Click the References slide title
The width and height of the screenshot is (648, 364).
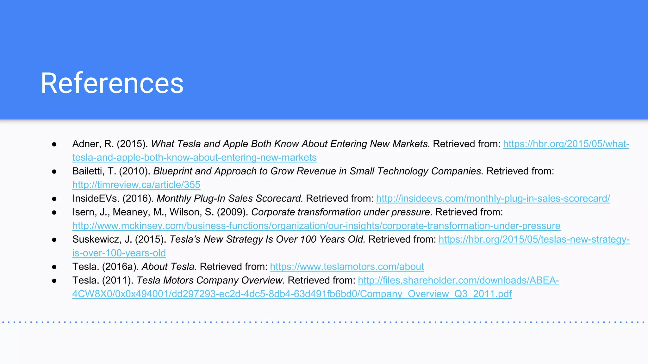(x=112, y=83)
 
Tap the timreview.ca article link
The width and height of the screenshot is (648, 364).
(x=136, y=185)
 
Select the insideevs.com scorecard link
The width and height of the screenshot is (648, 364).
(x=493, y=198)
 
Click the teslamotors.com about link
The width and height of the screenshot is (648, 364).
(x=347, y=267)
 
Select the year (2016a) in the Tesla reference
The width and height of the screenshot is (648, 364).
(x=121, y=267)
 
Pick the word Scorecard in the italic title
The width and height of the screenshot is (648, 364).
(x=279, y=198)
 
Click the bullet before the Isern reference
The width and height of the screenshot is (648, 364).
(x=54, y=212)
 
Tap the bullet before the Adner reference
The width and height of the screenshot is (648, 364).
(x=54, y=144)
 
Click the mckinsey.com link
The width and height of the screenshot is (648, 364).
(x=316, y=226)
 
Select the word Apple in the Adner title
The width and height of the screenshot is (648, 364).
(x=235, y=144)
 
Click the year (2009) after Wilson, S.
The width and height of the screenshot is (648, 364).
(x=232, y=212)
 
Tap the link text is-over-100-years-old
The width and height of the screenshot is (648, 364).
(x=119, y=253)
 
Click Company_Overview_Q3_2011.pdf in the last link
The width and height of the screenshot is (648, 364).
(x=436, y=294)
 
